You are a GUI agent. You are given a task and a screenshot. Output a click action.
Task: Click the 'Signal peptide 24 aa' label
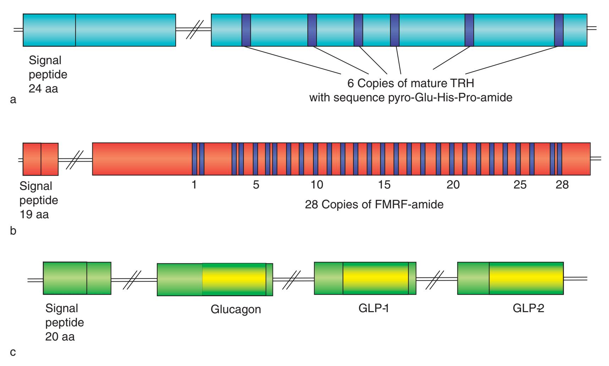tap(48, 74)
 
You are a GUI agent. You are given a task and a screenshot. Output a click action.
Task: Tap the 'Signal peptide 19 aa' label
tap(38, 200)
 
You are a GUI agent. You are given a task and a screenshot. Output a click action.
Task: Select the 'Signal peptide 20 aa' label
tap(64, 322)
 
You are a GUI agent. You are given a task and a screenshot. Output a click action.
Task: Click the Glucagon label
tap(236, 309)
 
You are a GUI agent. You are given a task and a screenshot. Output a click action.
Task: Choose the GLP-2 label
tap(528, 309)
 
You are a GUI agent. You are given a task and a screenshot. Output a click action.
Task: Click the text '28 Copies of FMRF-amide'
tap(374, 205)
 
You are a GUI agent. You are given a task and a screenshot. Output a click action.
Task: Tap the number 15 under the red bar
tap(384, 185)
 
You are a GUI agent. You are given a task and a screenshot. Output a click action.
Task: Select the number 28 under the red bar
tap(562, 185)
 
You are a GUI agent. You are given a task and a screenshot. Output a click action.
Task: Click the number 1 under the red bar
tap(194, 185)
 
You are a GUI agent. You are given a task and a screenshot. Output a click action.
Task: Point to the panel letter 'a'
tap(13, 100)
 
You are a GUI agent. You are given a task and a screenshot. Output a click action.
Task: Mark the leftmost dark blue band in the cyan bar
tap(246, 30)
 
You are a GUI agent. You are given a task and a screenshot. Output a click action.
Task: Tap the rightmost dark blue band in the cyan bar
tap(559, 30)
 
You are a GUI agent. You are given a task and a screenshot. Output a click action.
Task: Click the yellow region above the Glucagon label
tap(234, 279)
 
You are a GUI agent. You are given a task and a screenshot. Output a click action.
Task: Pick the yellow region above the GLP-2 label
tap(526, 278)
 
